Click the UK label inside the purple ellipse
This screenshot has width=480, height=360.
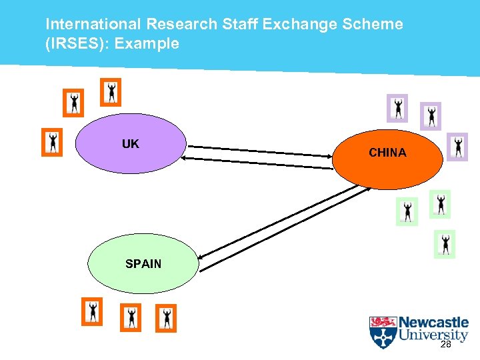tap(130, 143)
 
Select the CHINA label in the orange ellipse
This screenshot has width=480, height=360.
tap(387, 153)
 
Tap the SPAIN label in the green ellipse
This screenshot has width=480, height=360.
tap(143, 263)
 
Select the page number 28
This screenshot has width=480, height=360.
tap(446, 345)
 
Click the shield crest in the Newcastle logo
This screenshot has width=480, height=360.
tap(383, 332)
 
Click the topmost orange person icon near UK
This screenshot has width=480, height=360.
tap(111, 92)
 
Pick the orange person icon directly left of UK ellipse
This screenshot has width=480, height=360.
tap(52, 142)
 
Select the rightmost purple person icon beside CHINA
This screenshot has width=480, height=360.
tap(457, 147)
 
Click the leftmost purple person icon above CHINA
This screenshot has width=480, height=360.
tap(398, 107)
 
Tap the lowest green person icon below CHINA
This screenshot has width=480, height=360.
tap(445, 244)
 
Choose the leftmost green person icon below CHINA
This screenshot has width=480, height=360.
tap(407, 211)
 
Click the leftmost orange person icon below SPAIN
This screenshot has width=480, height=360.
tap(93, 311)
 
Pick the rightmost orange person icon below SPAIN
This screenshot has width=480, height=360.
tap(166, 318)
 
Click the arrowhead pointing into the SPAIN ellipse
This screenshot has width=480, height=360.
tap(201, 256)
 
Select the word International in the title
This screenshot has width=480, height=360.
tap(93, 25)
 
